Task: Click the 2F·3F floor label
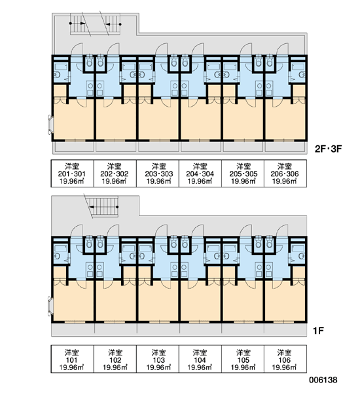click(328, 149)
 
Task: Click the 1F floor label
click(318, 331)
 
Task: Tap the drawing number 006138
click(323, 380)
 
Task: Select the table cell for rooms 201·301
click(73, 174)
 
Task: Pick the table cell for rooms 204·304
click(200, 174)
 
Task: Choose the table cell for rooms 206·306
click(285, 174)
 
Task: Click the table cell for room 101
click(73, 359)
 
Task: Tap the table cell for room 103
click(158, 359)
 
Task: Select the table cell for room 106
click(285, 359)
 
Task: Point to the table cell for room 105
click(243, 359)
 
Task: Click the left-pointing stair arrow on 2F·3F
click(113, 24)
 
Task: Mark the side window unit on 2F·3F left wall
click(50, 125)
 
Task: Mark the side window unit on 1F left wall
click(50, 307)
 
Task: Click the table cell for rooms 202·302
click(115, 174)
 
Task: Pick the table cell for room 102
click(115, 359)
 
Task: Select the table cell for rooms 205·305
click(243, 174)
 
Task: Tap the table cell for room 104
click(200, 359)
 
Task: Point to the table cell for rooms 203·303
click(158, 174)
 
